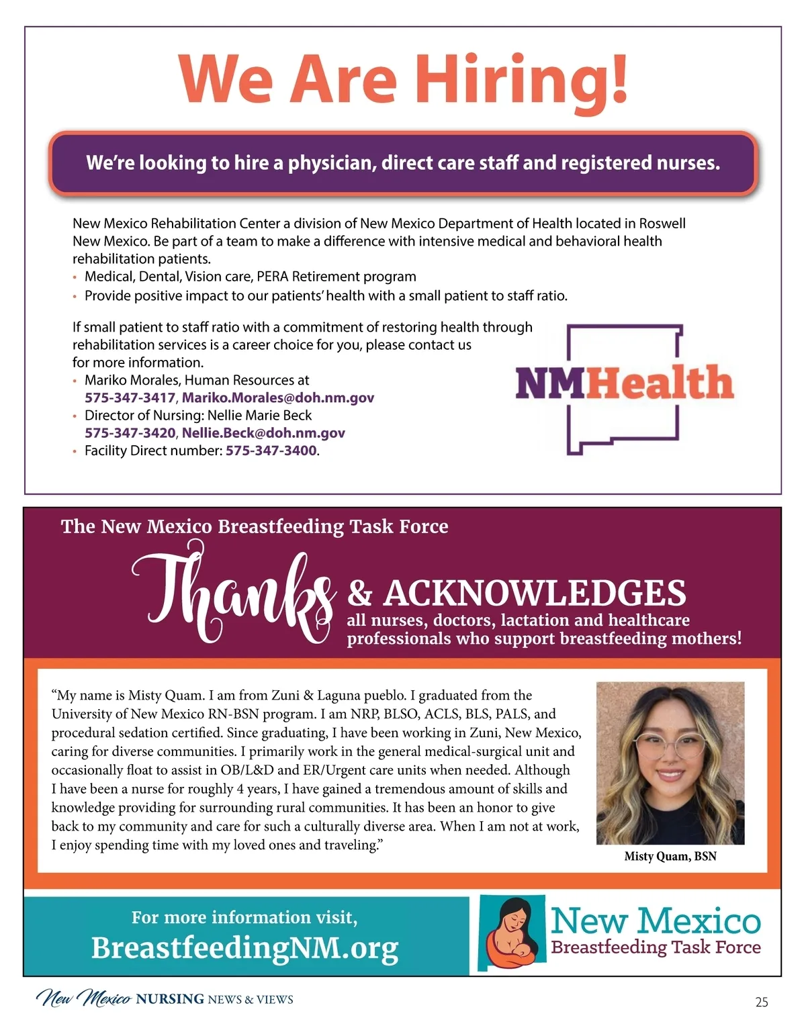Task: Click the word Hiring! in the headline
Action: pyautogui.click(x=522, y=79)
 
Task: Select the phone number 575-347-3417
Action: pyautogui.click(x=130, y=397)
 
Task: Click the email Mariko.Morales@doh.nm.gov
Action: pyautogui.click(x=278, y=397)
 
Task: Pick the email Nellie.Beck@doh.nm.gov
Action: pyautogui.click(x=263, y=433)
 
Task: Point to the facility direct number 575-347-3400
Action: pyautogui.click(x=271, y=451)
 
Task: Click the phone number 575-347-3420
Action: pyautogui.click(x=130, y=433)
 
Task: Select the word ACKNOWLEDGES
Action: pyautogui.click(x=534, y=594)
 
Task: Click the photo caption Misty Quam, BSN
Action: pyautogui.click(x=670, y=856)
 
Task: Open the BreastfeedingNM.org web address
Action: pyautogui.click(x=244, y=948)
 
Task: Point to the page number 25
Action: pyautogui.click(x=762, y=1002)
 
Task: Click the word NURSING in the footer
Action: pyautogui.click(x=170, y=999)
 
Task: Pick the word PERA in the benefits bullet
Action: pyautogui.click(x=273, y=277)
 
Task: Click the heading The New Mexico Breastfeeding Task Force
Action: pyautogui.click(x=255, y=526)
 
